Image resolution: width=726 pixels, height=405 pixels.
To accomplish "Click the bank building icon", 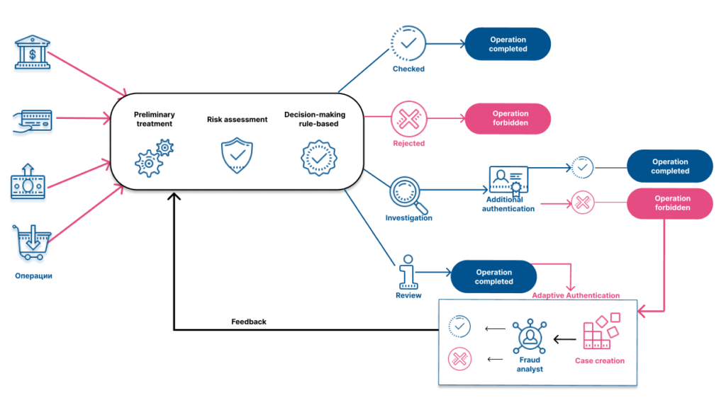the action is (33, 52).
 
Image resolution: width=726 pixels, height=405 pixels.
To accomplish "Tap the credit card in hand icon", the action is (32, 121).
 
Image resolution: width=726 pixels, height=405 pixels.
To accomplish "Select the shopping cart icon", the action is (31, 242).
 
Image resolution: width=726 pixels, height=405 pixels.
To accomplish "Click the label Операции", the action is (33, 276).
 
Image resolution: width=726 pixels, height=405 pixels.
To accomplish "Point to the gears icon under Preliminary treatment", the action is (154, 158).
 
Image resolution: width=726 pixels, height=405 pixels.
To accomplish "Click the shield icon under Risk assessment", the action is (237, 155).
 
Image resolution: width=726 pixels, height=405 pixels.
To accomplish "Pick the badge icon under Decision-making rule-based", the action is (319, 158).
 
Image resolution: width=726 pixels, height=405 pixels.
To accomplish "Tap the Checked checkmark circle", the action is (408, 43).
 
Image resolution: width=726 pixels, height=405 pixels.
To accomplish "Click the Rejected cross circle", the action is (409, 119).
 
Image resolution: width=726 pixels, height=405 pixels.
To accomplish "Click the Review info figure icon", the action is (408, 272).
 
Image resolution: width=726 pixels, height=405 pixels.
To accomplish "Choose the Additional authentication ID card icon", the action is (508, 181).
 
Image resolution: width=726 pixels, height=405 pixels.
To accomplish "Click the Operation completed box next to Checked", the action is (508, 44).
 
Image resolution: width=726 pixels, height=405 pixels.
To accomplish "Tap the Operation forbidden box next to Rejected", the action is (508, 118).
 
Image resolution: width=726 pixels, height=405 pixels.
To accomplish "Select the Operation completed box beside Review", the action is (493, 276).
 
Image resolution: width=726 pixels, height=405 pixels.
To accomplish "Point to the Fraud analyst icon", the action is (530, 336).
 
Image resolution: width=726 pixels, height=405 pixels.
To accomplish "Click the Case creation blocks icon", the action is (601, 331).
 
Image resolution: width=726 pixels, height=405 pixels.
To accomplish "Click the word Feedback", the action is (249, 321).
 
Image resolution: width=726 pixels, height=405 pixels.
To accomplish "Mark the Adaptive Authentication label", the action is (576, 295).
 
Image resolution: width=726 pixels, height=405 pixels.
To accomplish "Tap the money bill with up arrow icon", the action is (28, 182).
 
